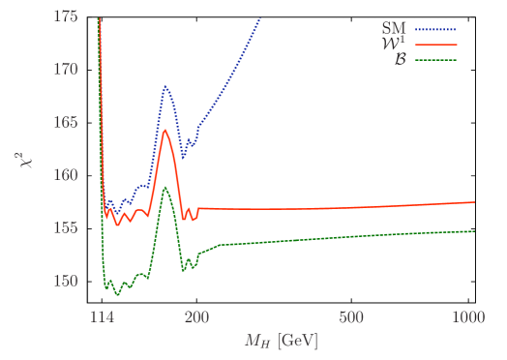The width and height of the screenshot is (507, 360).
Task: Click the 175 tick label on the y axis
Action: [x=68, y=16]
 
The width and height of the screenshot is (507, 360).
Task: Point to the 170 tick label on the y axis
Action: [x=68, y=70]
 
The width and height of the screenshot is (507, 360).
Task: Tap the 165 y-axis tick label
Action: [x=68, y=123]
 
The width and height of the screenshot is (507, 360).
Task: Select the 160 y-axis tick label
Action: [x=68, y=175]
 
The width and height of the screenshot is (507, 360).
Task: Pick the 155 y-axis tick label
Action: [x=68, y=228]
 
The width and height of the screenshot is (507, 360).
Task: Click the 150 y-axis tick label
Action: [x=68, y=281]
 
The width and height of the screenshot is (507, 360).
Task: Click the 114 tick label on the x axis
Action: [x=101, y=316]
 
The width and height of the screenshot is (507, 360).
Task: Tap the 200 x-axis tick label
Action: [x=196, y=316]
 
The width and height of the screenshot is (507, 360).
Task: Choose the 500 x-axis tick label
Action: [x=351, y=316]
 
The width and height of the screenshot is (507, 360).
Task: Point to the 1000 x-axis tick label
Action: [x=468, y=316]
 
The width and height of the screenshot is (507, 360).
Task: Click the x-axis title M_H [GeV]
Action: [x=281, y=341]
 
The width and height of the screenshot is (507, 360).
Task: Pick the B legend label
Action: [x=399, y=60]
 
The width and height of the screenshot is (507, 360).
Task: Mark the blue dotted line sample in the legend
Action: [x=434, y=30]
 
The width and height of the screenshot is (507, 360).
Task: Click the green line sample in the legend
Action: [x=434, y=60]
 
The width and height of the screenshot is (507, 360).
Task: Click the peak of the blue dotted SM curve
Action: [x=165, y=86]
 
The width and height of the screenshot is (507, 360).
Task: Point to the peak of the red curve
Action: [x=165, y=130]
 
